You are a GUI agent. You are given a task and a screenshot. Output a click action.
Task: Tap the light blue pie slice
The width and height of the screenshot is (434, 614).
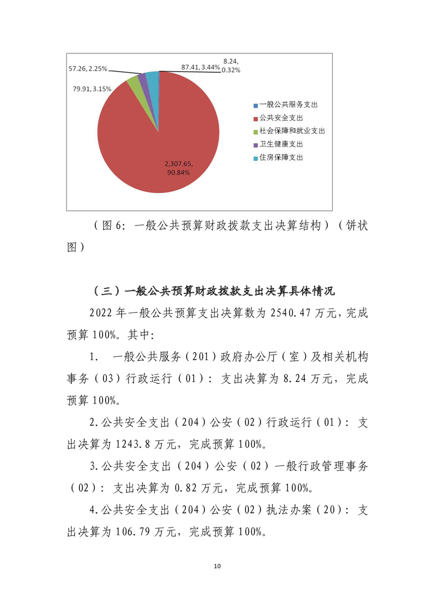(153, 79)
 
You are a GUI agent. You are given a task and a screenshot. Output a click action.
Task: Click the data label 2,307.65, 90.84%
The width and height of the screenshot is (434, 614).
(179, 168)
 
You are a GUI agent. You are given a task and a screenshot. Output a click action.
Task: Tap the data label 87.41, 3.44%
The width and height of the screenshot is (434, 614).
(201, 67)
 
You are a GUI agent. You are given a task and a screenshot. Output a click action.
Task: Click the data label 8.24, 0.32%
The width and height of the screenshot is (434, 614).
(230, 66)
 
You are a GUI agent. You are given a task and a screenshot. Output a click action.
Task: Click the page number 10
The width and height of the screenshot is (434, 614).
(217, 565)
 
